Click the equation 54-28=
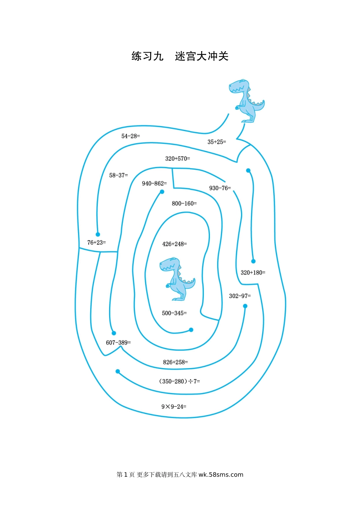tap(130, 136)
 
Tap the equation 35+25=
tap(217, 142)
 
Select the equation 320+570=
tap(178, 159)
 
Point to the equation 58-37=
tap(119, 175)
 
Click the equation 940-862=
tap(154, 183)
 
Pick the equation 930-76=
tap(220, 188)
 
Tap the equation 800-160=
tap(184, 203)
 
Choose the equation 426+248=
tap(175, 244)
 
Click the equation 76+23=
tap(97, 242)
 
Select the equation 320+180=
tap(253, 272)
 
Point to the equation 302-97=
tap(240, 296)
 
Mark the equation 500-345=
tap(174, 313)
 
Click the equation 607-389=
tap(119, 342)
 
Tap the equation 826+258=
tap(175, 362)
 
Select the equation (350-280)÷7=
tap(179, 381)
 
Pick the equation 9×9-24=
tap(174, 406)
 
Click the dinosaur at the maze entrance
tap(247, 101)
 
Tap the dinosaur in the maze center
tap(177, 279)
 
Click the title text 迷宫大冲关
tap(202, 56)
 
